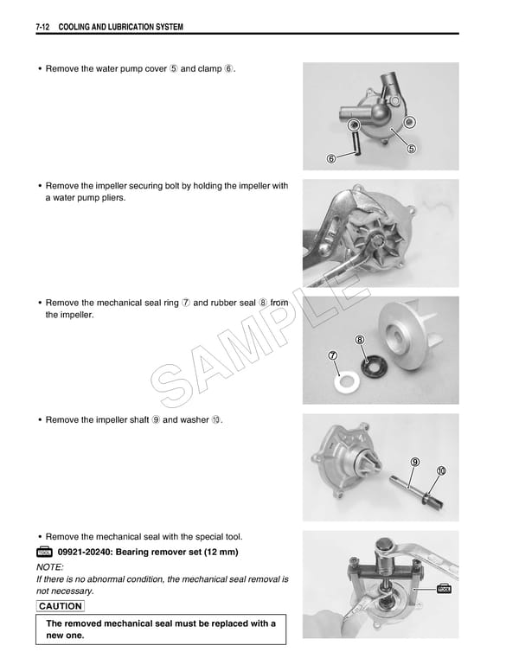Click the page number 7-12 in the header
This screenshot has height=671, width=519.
[42, 28]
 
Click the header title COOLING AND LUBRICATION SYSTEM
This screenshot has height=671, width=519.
[120, 28]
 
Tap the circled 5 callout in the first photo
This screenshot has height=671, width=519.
[411, 149]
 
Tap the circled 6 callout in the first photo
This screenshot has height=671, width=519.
[331, 159]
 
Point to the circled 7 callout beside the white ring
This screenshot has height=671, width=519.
[331, 355]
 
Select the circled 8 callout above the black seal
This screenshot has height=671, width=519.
[359, 339]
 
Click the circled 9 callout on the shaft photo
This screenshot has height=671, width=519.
[415, 462]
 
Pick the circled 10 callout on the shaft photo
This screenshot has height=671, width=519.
[441, 471]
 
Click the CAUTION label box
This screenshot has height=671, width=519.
[61, 606]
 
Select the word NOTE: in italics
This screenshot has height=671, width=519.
[52, 566]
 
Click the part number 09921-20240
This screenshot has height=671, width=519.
[86, 552]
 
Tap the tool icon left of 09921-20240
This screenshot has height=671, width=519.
[45, 552]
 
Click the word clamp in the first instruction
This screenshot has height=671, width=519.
[209, 68]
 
